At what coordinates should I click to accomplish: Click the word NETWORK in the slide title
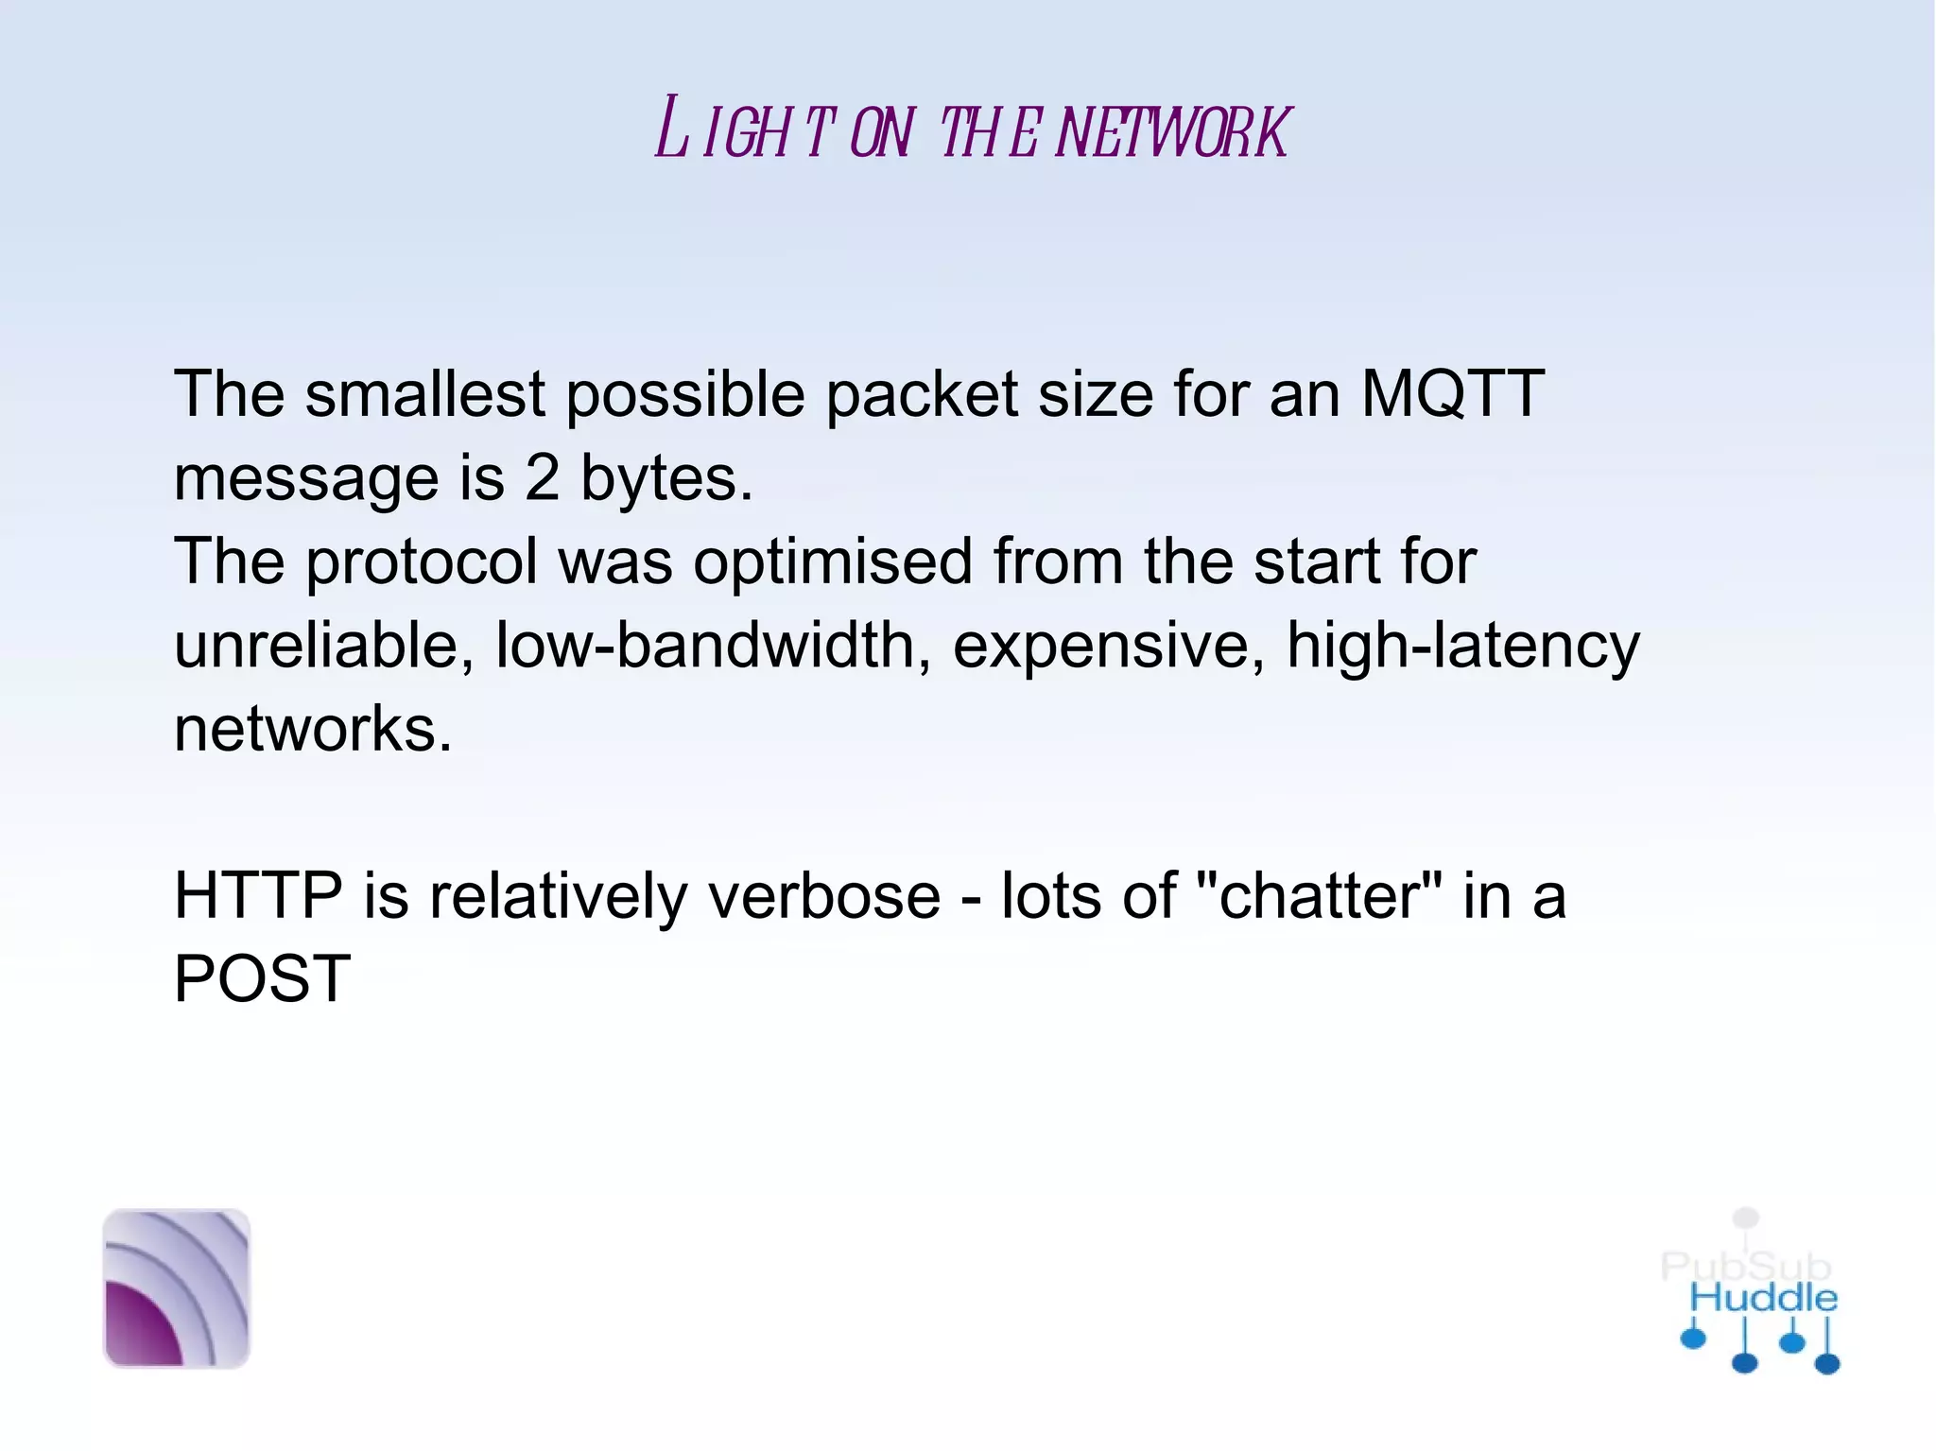[x=1172, y=132]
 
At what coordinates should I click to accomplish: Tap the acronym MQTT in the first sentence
[x=1452, y=393]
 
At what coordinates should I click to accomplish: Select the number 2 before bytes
[x=542, y=477]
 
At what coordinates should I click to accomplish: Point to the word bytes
[x=665, y=479]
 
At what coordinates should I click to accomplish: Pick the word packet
[x=922, y=395]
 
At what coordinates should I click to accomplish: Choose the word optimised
[x=832, y=562]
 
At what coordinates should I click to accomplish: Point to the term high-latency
[x=1463, y=648]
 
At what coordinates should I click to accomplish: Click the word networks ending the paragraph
[x=313, y=729]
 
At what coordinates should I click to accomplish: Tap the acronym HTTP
[x=258, y=895]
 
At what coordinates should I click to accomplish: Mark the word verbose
[x=824, y=895]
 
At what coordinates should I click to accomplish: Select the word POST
[x=262, y=978]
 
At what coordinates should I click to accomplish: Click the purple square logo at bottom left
[x=176, y=1287]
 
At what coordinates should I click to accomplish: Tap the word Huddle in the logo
[x=1763, y=1298]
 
